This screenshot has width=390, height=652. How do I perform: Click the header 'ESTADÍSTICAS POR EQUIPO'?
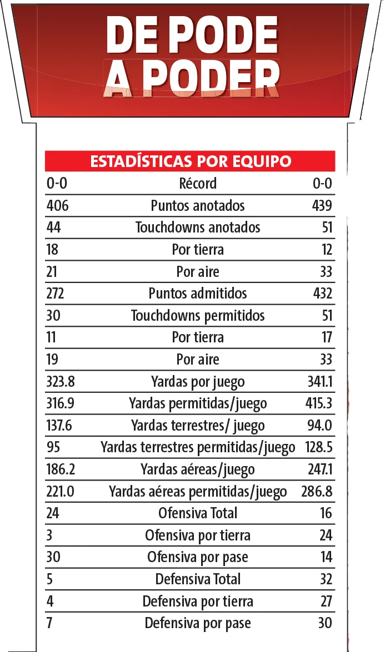190,161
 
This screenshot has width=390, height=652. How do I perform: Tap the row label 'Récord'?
198,184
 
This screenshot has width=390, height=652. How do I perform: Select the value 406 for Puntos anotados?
58,206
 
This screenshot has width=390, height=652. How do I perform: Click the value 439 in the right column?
322,206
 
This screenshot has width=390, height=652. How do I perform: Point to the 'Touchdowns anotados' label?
198,228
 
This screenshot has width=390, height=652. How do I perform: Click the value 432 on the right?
322,294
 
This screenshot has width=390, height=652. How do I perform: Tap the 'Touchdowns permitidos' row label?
198,316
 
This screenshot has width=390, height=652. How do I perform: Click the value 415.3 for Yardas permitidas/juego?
319,403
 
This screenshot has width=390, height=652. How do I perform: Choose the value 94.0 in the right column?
320,426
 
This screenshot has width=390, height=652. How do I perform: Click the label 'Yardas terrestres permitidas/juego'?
198,448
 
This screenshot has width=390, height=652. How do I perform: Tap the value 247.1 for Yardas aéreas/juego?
319,469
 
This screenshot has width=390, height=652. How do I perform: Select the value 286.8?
317,492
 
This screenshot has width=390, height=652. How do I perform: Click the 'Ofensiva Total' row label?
198,513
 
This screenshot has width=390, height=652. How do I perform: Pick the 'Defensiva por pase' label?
198,623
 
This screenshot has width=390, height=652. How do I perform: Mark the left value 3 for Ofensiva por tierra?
49,535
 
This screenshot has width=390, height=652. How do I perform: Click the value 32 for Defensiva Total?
326,579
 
